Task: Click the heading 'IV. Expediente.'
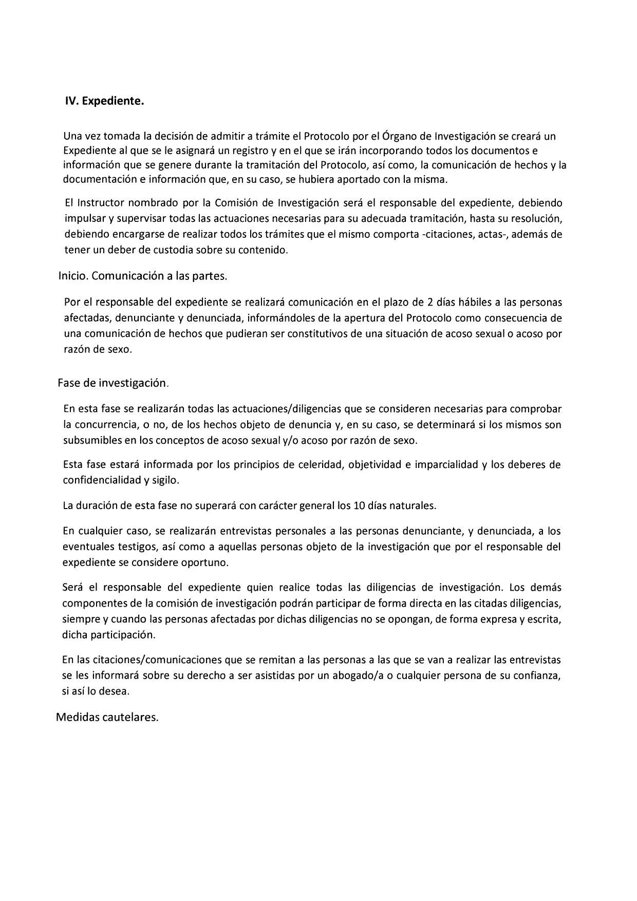coord(104,101)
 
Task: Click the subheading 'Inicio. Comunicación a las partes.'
coord(143,276)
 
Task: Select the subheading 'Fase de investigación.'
coord(113,383)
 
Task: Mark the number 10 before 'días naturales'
coord(360,505)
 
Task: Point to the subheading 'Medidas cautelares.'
coord(107,718)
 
